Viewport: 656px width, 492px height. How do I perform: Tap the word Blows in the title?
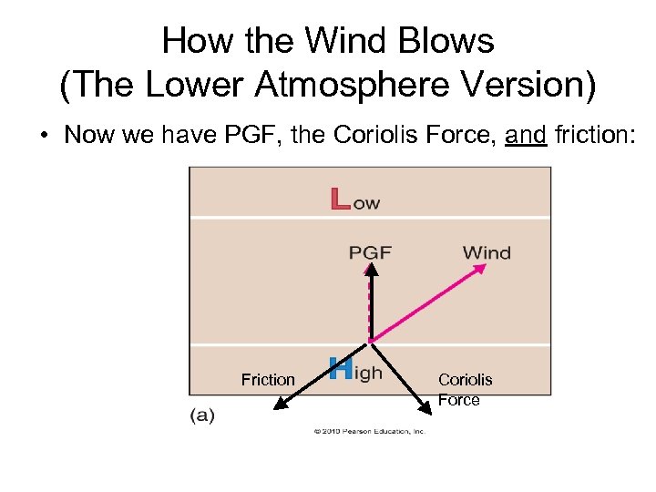point(451,41)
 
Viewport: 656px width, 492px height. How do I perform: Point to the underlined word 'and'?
point(526,135)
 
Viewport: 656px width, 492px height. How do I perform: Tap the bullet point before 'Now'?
point(43,135)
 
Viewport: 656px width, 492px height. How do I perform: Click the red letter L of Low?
point(340,200)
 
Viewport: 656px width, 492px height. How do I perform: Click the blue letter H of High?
point(340,369)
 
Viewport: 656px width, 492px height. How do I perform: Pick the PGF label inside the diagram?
point(370,252)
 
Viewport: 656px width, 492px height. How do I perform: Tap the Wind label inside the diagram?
point(487,252)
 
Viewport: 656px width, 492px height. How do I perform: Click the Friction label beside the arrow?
point(268,379)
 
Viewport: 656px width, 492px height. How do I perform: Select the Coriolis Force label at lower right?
point(465,389)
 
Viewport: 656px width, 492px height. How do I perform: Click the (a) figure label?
point(201,415)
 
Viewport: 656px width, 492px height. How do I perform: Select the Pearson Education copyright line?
point(370,431)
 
